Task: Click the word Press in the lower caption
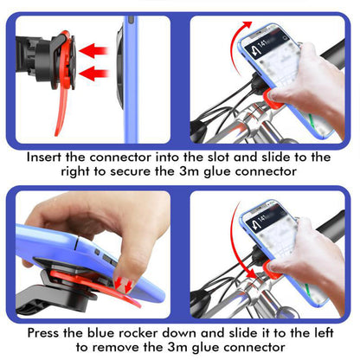[x=48, y=332]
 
